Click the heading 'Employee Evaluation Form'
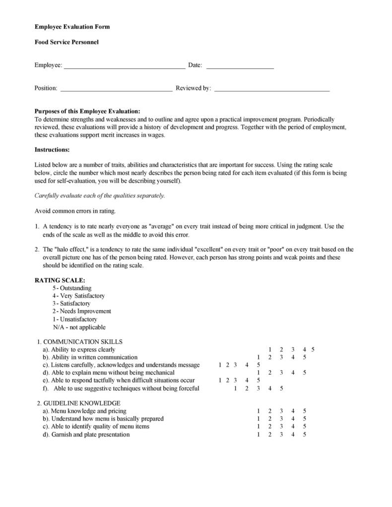(72, 27)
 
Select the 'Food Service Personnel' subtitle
(66, 42)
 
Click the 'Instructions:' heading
(52, 150)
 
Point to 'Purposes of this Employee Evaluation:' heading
(87, 112)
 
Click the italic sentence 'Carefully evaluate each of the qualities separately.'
(100, 195)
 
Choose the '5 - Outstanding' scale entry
(72, 288)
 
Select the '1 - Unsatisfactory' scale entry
(74, 319)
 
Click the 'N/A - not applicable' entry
(79, 327)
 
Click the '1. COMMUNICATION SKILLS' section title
(80, 342)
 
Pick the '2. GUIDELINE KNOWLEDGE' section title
(79, 403)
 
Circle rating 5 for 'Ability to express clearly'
(313, 350)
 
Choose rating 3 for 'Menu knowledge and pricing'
(281, 411)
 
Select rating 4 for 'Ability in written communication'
(293, 357)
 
